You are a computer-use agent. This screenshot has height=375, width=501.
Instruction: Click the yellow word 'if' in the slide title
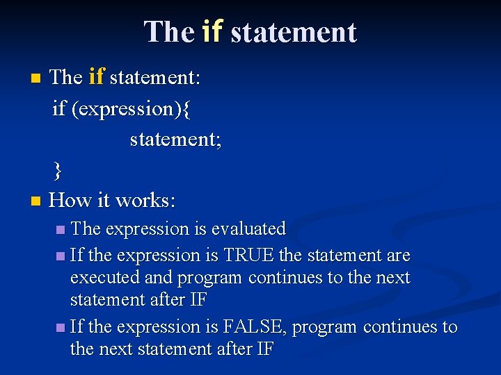[212, 32]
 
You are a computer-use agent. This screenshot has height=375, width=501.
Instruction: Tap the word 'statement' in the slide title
[293, 32]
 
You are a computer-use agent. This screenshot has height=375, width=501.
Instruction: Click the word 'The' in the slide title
[169, 32]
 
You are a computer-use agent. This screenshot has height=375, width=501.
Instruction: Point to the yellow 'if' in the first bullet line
[96, 77]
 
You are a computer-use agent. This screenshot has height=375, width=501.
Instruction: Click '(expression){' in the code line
[132, 108]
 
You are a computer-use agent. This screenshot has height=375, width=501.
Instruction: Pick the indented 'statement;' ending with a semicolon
[175, 139]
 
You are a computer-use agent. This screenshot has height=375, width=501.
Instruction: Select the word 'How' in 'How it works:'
[70, 201]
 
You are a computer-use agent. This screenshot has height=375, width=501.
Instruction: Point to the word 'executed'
[104, 278]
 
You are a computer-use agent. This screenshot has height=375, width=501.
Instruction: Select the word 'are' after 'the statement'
[399, 256]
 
